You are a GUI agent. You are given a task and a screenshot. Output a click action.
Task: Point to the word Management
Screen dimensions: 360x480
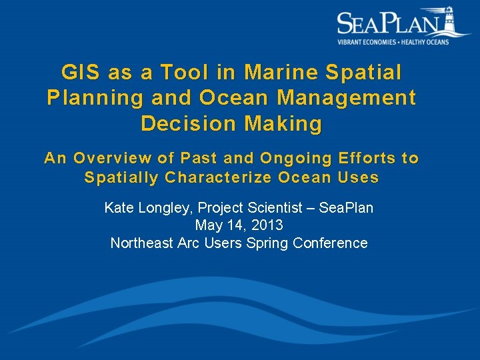346,98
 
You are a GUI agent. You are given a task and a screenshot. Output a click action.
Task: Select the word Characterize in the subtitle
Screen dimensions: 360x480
218,177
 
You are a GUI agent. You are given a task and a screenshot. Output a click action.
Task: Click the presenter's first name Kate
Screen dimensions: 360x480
119,208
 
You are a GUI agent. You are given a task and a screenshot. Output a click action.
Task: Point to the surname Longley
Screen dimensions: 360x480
163,208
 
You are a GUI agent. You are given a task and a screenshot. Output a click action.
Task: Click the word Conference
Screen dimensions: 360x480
334,243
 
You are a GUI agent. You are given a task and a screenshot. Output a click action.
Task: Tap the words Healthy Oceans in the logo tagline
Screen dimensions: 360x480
425,41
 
